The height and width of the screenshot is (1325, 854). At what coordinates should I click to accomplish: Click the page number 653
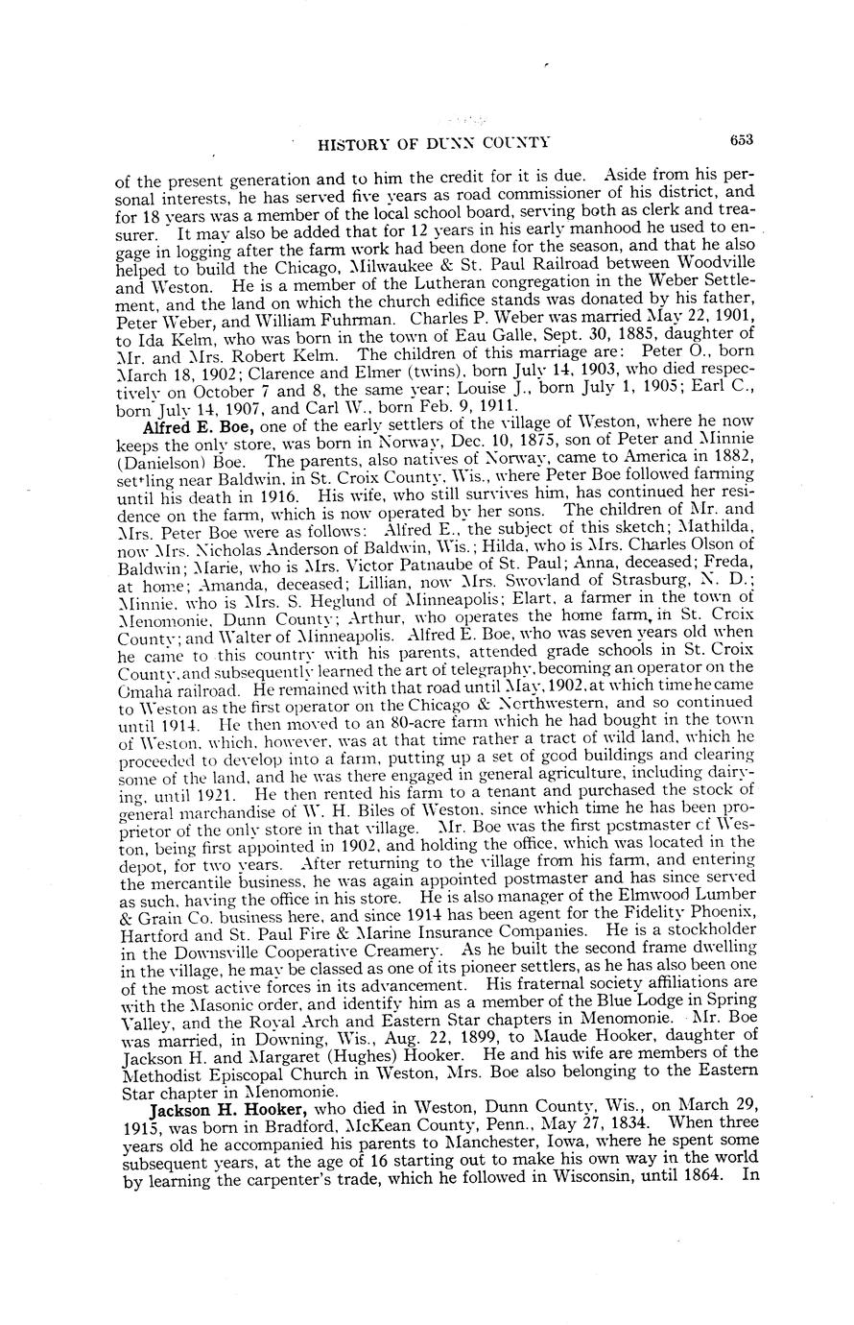[x=741, y=139]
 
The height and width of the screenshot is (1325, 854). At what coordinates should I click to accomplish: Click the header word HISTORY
[x=350, y=144]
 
